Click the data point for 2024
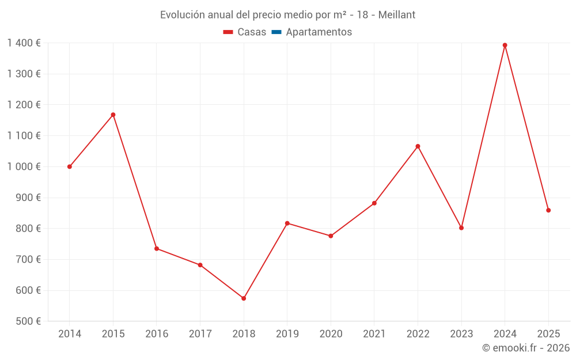[x=505, y=45]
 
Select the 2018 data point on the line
[x=244, y=298]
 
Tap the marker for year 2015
[x=113, y=115]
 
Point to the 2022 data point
[x=418, y=146]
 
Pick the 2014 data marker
[x=70, y=166]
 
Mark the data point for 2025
[x=548, y=210]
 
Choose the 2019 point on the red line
[x=287, y=223]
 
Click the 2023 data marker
[x=461, y=228]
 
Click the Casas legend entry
[x=245, y=32]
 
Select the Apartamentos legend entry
[x=312, y=32]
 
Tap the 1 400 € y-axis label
[x=24, y=43]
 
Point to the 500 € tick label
[x=28, y=321]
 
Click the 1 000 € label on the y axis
[x=24, y=167]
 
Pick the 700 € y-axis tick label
[x=28, y=260]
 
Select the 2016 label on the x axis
[x=157, y=334]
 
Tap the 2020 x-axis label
[x=331, y=334]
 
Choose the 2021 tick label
[x=374, y=334]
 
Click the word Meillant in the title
[x=396, y=15]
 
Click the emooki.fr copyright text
[x=525, y=348]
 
